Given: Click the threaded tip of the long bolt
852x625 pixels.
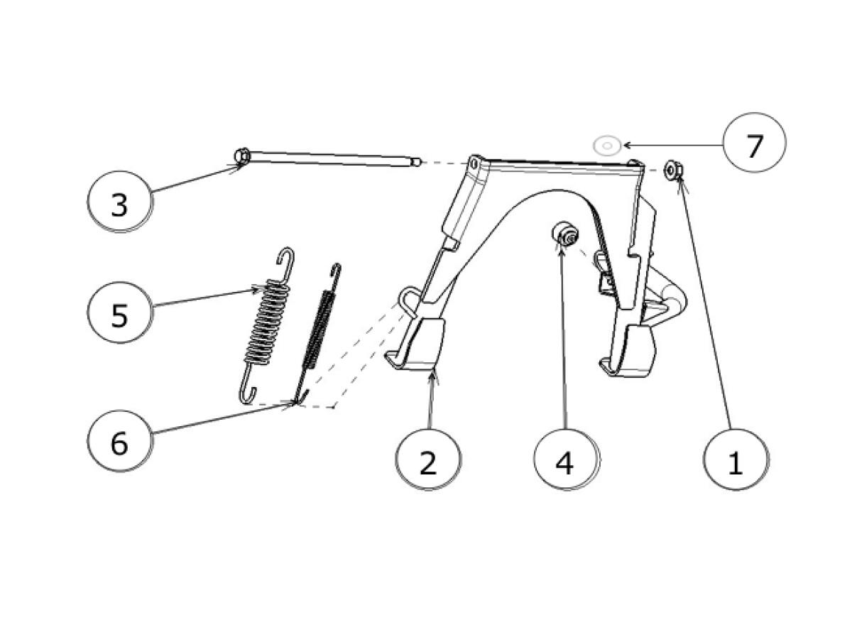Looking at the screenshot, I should point(417,162).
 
